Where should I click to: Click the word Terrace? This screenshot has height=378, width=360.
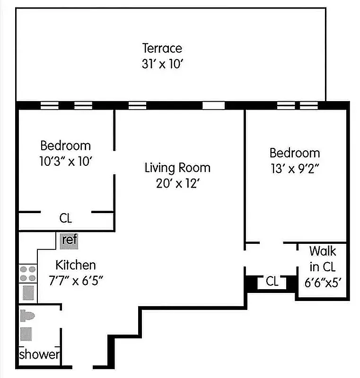point(162,48)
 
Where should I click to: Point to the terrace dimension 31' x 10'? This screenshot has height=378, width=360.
point(162,64)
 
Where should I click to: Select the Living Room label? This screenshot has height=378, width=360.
point(177,168)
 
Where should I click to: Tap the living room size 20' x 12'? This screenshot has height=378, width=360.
point(177,183)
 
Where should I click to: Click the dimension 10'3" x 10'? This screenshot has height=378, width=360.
point(65,161)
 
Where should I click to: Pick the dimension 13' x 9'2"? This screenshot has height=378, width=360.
point(294,169)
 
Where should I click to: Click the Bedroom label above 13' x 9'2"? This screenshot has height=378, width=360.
point(294,153)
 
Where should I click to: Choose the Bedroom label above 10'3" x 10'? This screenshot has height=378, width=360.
point(65,146)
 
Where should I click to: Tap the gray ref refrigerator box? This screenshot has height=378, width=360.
point(69,240)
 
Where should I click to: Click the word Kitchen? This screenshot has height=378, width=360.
point(76,265)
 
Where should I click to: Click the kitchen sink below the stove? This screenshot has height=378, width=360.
point(28,293)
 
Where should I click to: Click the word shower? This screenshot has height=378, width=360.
point(39,354)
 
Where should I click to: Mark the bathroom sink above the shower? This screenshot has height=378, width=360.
point(26,334)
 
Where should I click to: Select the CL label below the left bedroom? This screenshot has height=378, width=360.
point(66,219)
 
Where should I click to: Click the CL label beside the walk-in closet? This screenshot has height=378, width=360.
point(272,282)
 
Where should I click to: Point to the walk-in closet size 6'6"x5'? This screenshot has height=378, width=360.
point(323,283)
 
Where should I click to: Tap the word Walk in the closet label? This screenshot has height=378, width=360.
point(323,250)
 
